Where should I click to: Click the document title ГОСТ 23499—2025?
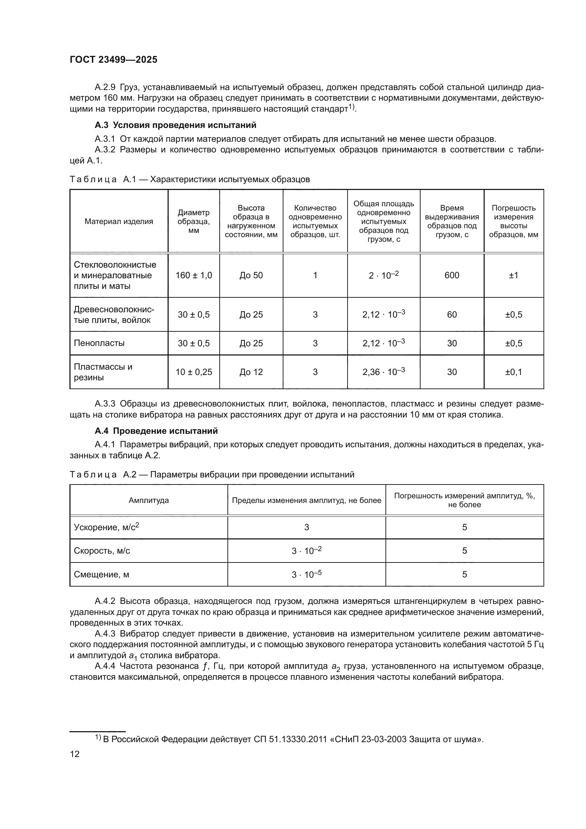pos(113,60)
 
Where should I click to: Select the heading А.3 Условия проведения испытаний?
pos(175,125)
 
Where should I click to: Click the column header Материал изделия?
pos(119,221)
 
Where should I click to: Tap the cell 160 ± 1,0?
pos(194,275)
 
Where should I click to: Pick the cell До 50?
pos(251,275)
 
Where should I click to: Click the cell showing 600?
pos(452,275)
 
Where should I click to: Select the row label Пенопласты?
pos(99,343)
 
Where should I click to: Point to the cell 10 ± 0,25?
pos(194,372)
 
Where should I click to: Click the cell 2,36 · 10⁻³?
pos(384,372)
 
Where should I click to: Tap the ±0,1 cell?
pos(513,372)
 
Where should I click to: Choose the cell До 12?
pos(251,372)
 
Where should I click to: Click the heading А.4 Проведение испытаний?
pos(156,431)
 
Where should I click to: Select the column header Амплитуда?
pos(149,500)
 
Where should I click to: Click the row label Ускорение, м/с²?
pos(106,527)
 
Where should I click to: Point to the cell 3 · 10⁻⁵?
pos(306,575)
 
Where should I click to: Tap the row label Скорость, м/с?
pos(102,551)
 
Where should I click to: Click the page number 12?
pos(75,754)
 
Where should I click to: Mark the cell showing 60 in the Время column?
pos(452,314)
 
